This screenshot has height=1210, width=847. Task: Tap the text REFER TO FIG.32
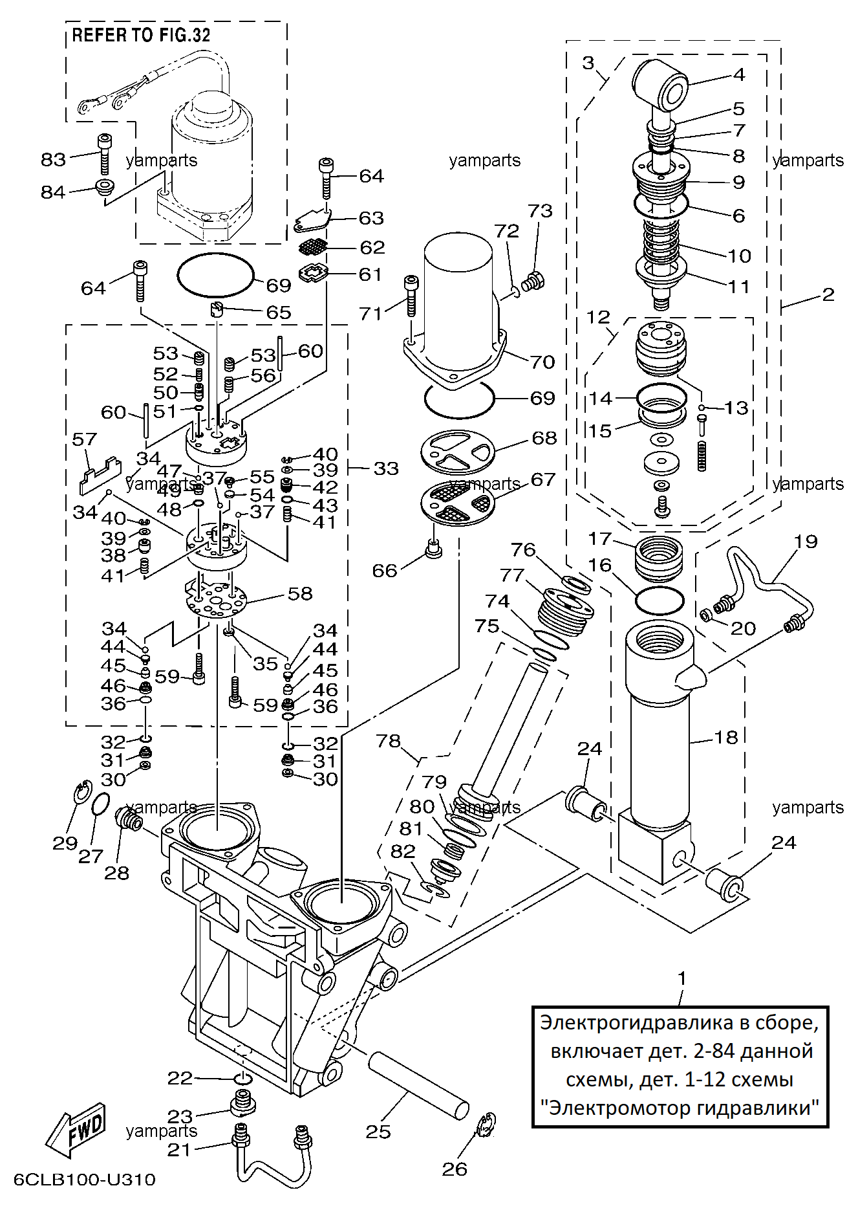[141, 36]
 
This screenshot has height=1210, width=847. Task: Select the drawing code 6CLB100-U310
[85, 1180]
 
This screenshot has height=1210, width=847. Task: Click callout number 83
[53, 159]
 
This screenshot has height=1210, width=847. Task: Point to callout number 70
[542, 362]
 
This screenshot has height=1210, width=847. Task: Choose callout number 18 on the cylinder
[725, 737]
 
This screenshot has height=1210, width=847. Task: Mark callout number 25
[378, 1131]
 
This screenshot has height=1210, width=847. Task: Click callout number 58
[300, 593]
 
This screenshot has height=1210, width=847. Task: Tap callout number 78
[388, 741]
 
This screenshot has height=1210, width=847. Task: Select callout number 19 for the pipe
[806, 541]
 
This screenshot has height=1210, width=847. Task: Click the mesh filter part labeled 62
[314, 247]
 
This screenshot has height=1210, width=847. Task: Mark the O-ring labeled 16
[659, 601]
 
